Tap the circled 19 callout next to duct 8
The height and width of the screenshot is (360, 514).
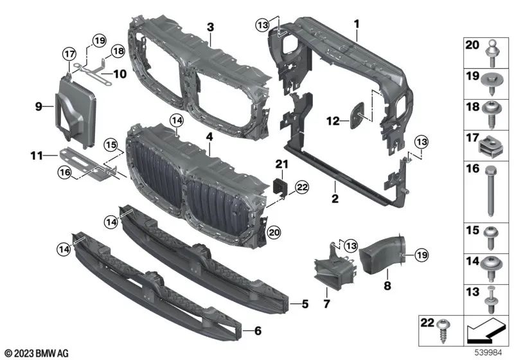click(x=420, y=256)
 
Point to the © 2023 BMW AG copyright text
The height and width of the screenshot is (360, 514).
click(x=37, y=353)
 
